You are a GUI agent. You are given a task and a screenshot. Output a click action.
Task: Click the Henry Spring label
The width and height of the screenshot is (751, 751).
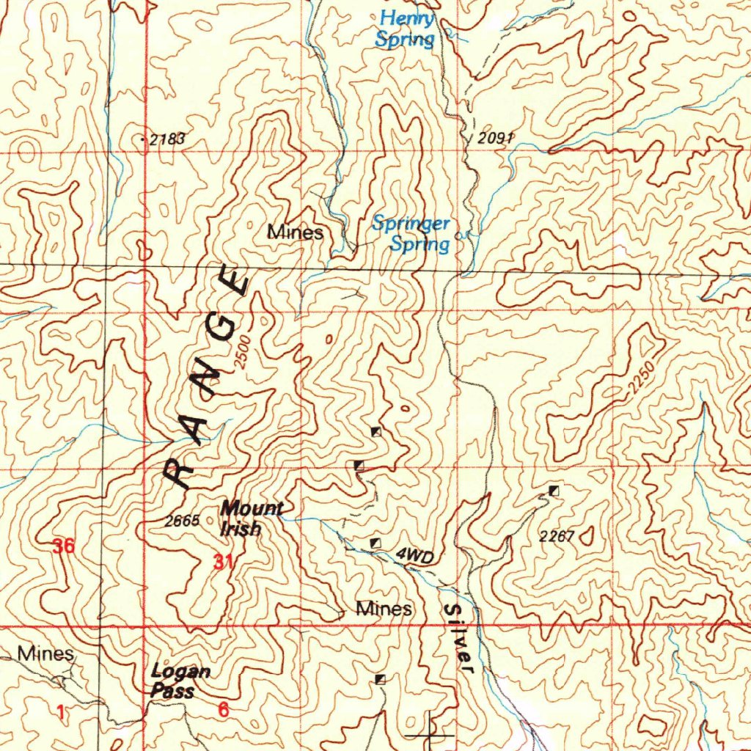pyautogui.click(x=405, y=29)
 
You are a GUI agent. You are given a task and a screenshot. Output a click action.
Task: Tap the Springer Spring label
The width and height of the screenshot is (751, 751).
pyautogui.click(x=411, y=234)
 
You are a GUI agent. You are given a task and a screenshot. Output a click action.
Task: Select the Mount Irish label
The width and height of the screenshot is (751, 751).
pyautogui.click(x=250, y=518)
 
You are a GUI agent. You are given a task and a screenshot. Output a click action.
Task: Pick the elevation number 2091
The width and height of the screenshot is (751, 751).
pyautogui.click(x=496, y=137)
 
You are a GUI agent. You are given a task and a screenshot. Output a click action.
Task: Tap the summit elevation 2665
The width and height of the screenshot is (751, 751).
pyautogui.click(x=182, y=521)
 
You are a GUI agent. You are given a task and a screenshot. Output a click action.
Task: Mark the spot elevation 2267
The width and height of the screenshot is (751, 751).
pyautogui.click(x=556, y=536)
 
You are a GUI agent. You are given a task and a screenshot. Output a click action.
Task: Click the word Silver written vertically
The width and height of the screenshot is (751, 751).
pyautogui.click(x=460, y=637)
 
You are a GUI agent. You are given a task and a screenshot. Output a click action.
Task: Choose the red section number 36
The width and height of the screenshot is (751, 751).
pyautogui.click(x=63, y=546)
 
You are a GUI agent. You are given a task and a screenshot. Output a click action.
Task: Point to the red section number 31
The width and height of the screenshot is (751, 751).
pyautogui.click(x=224, y=563)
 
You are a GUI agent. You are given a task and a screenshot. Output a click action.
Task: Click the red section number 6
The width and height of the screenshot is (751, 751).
pyautogui.click(x=223, y=710)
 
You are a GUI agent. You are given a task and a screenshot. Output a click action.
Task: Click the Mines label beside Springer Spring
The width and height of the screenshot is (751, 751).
pyautogui.click(x=296, y=233)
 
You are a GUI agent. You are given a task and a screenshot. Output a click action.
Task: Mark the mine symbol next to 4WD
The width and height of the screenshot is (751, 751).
pyautogui.click(x=375, y=543)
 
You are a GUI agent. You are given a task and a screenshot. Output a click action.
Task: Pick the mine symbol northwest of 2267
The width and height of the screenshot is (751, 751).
pyautogui.click(x=554, y=490)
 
